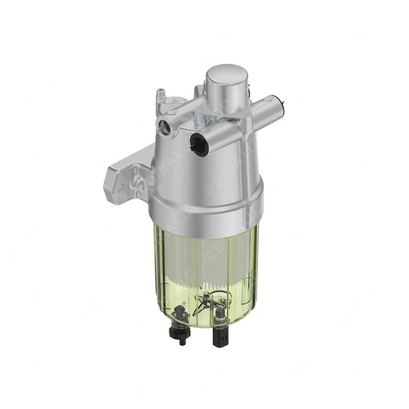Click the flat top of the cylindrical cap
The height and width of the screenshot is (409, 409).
click(226, 76)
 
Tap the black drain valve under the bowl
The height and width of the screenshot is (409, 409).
click(181, 324)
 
